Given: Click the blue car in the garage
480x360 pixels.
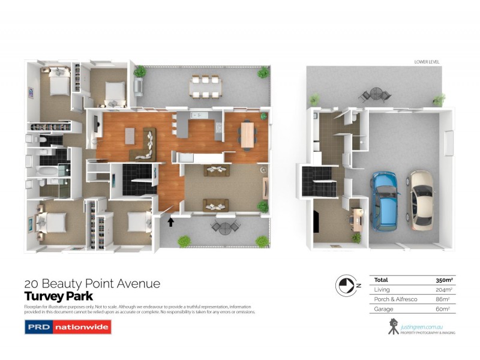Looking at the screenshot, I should coord(384,200).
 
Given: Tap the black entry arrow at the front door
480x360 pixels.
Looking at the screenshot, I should coord(171,222).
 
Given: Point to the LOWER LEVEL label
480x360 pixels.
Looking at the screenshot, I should coord(428,62).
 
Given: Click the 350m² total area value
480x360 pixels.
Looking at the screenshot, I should coord(443,280).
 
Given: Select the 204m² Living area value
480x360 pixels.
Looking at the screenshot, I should coord(443,289).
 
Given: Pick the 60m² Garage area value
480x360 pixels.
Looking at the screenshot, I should coord(443,308).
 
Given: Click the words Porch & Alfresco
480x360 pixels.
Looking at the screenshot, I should coord(393,299).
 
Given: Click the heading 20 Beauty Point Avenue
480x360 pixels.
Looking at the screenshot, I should coord(92,284).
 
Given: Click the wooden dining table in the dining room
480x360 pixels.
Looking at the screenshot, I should coord(247,134).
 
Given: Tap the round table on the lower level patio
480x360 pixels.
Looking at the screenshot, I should coord(376,94).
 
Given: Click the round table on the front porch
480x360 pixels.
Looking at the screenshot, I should coord(224,227).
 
